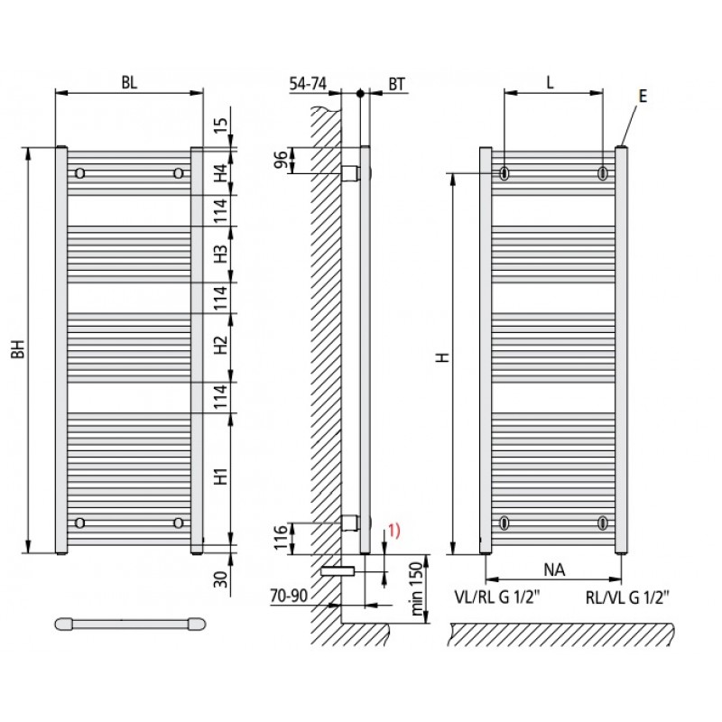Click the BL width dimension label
coord(129,83)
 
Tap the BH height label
coord(18,349)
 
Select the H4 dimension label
coord(222,172)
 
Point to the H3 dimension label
coord(222,254)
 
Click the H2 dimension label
coord(222,346)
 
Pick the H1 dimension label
coord(222,477)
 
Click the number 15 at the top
coord(221,125)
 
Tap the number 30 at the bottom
coord(221,579)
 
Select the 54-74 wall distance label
coord(308,83)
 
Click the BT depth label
coord(397,84)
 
